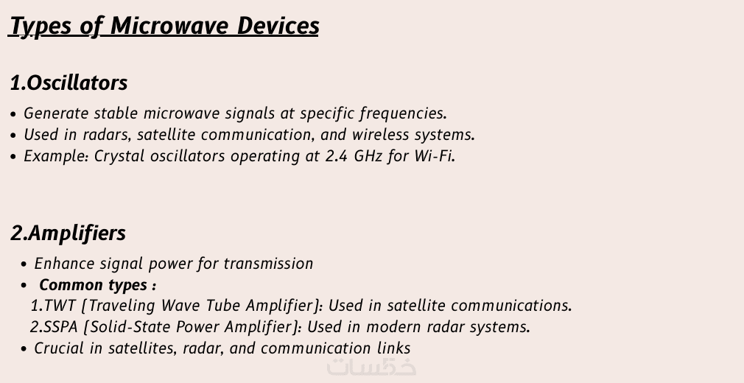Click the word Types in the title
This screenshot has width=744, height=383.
pyautogui.click(x=41, y=26)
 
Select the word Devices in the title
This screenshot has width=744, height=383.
pyautogui.click(x=278, y=25)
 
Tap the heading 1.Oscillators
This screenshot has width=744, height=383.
pyautogui.click(x=69, y=82)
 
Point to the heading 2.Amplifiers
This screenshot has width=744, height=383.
pyautogui.click(x=69, y=233)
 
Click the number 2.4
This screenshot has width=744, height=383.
pyautogui.click(x=337, y=156)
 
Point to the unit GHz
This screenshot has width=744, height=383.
pyautogui.click(x=368, y=156)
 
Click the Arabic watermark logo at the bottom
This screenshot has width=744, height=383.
pyautogui.click(x=371, y=367)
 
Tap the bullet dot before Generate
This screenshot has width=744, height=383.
pyautogui.click(x=13, y=114)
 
